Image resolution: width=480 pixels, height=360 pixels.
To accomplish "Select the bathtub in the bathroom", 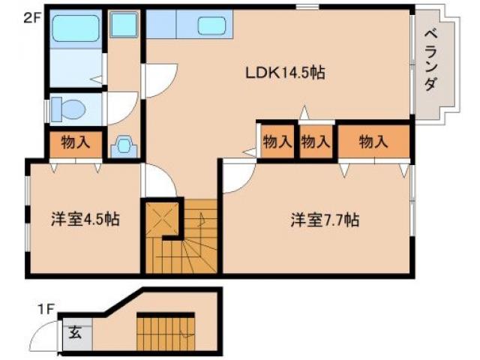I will point(75,30).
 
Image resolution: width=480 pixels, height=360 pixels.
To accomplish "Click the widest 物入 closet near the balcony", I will point(373,141).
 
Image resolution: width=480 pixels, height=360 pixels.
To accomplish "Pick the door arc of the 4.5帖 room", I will point(157,179).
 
